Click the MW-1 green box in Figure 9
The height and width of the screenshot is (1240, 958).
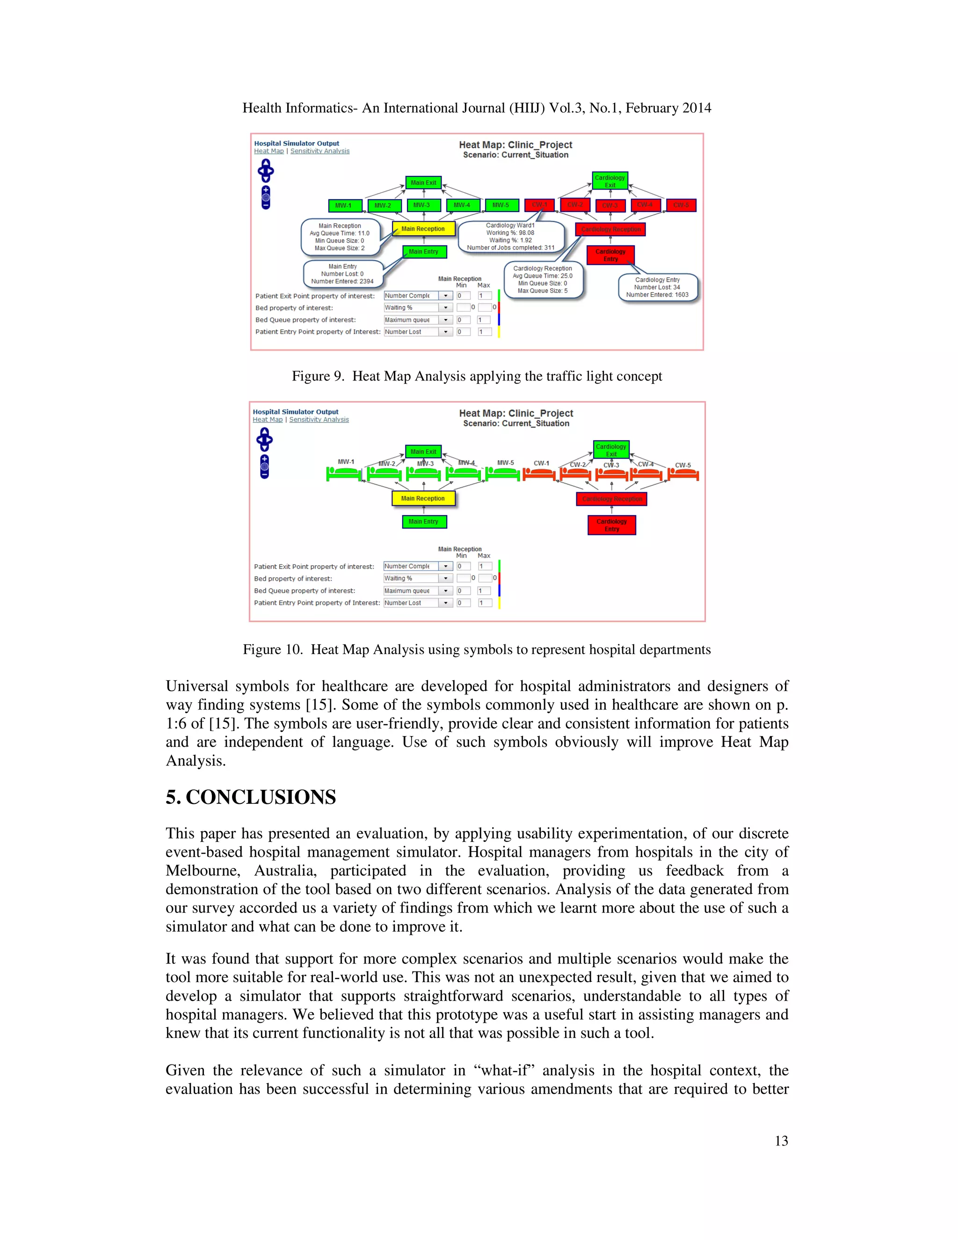click(x=343, y=205)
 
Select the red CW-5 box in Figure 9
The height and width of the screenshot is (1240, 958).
click(x=681, y=205)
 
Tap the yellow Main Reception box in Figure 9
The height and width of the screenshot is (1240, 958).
click(x=423, y=229)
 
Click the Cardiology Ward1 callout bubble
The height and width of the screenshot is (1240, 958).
click(x=510, y=237)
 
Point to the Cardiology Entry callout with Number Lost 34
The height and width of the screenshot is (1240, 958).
click(x=657, y=287)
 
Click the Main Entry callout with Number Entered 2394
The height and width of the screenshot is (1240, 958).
click(x=342, y=274)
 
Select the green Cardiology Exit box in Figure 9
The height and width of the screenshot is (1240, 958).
click(x=610, y=181)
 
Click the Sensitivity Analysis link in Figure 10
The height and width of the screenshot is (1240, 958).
click(x=319, y=420)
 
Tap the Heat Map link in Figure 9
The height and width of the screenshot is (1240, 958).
click(x=269, y=151)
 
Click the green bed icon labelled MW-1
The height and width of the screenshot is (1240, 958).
click(x=344, y=474)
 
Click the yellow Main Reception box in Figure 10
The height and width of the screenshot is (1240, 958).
click(x=423, y=498)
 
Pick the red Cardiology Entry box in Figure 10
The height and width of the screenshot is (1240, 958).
click(x=611, y=525)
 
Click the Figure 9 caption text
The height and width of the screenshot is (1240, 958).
click(x=477, y=376)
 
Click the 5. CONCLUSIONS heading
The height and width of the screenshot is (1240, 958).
click(x=250, y=797)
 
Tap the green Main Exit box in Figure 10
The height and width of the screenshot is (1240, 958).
click(x=423, y=452)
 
